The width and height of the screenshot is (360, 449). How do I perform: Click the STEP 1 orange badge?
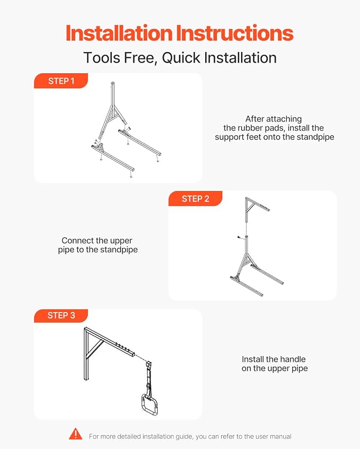(x=61, y=81)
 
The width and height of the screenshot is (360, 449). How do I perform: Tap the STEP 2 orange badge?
(x=196, y=198)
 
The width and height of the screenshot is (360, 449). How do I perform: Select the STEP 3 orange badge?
(x=61, y=316)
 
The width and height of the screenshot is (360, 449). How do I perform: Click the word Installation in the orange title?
(x=119, y=33)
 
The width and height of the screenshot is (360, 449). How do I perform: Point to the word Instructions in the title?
(x=235, y=33)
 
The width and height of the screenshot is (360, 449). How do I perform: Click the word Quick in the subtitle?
(x=181, y=58)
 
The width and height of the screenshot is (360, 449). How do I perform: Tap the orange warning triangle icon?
(x=75, y=434)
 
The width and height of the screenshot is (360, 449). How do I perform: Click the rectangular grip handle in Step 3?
(x=149, y=404)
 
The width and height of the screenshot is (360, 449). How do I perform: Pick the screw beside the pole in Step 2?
(x=239, y=237)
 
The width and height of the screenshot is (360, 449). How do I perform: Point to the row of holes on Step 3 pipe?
(x=122, y=346)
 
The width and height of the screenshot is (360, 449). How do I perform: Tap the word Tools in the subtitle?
(x=101, y=58)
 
